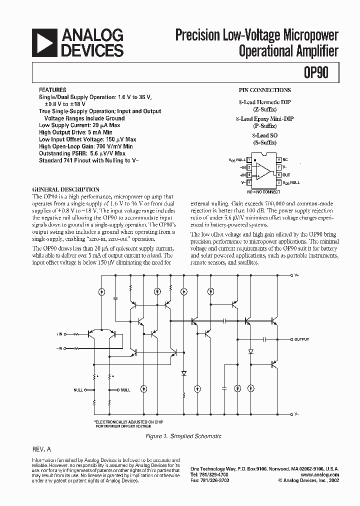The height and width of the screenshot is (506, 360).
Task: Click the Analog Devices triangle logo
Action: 44,42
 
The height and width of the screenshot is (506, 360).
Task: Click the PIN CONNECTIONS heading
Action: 265,90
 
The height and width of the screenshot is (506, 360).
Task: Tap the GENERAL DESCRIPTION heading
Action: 65,190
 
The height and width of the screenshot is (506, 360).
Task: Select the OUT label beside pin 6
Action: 286,175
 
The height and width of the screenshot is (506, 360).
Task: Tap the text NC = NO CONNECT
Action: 263,191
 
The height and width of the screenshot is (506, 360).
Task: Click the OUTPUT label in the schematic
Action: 302,339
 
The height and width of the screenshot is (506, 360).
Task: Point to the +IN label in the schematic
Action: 60,333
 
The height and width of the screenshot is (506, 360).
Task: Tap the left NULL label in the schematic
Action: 78,389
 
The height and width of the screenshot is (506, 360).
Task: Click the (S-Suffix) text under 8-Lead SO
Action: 264,142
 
